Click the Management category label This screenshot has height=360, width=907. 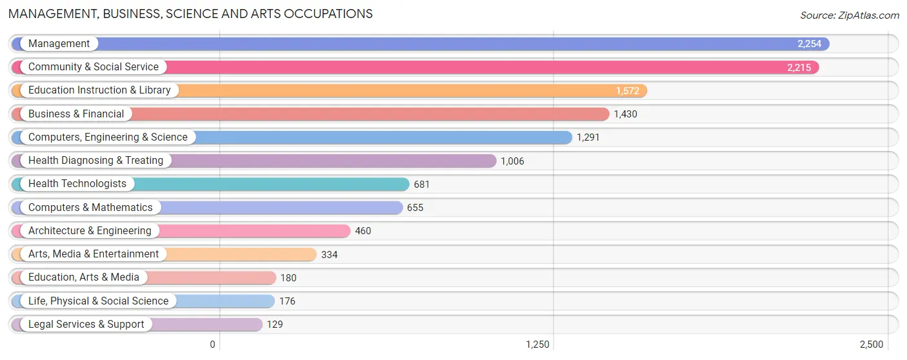click(x=59, y=43)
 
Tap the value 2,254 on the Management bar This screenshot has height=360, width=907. click(x=810, y=44)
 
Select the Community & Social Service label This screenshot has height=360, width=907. click(x=93, y=67)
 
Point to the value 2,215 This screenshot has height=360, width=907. click(x=799, y=67)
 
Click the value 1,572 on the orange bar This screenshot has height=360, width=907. click(x=628, y=91)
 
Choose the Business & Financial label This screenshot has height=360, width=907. click(x=76, y=114)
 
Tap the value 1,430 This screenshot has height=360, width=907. click(x=626, y=114)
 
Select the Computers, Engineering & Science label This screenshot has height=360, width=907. click(x=108, y=137)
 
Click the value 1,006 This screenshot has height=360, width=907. click(x=512, y=161)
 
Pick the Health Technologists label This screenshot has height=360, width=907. click(x=77, y=184)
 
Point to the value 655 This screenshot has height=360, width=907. click(x=415, y=208)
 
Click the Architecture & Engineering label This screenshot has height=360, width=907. click(x=90, y=231)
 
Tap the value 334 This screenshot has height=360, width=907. click(x=329, y=255)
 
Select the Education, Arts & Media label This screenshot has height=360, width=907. click(x=83, y=277)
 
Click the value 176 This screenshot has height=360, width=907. click(x=287, y=301)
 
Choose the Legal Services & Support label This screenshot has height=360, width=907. click(x=86, y=325)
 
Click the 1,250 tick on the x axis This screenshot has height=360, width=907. click(x=537, y=345)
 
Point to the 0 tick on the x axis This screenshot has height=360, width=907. click(x=213, y=345)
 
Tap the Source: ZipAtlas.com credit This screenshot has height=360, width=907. click(x=850, y=15)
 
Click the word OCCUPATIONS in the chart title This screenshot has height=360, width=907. click(x=328, y=14)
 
